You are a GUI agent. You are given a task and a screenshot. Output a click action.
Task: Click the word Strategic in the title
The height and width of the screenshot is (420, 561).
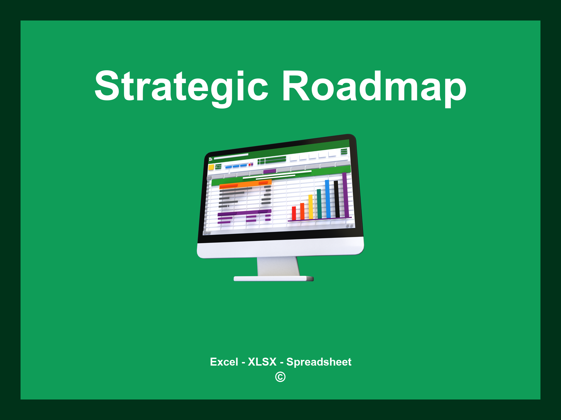(181, 86)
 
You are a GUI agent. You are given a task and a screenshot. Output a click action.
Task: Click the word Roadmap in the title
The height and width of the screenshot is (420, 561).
(374, 86)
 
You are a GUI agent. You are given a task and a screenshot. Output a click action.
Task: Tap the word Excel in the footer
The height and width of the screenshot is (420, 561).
(224, 362)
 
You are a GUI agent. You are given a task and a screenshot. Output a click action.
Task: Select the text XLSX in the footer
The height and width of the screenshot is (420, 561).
(262, 362)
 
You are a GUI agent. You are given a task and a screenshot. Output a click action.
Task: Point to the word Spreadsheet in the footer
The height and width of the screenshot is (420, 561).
(319, 362)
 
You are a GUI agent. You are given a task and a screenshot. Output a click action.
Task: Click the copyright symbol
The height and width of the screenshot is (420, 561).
(280, 377)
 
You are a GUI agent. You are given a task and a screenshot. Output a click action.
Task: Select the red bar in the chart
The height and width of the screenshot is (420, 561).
(294, 213)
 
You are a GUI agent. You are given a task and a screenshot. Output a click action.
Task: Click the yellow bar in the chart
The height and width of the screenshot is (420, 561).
(311, 207)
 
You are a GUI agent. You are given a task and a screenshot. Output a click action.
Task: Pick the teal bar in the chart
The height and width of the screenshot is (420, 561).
(319, 204)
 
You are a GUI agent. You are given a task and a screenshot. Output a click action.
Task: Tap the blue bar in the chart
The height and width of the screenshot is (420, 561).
(328, 199)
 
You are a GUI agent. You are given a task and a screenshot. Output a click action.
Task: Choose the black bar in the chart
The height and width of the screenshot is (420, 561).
(336, 199)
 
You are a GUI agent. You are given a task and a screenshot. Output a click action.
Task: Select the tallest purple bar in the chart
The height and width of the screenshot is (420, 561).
(345, 195)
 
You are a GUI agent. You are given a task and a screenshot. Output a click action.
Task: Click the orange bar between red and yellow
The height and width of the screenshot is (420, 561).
(302, 211)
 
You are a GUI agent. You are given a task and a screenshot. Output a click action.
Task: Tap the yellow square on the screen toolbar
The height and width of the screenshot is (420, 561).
(211, 167)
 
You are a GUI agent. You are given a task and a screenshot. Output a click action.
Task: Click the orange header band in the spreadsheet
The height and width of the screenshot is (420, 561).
(245, 184)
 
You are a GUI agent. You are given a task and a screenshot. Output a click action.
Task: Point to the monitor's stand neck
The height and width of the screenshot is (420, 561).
(278, 266)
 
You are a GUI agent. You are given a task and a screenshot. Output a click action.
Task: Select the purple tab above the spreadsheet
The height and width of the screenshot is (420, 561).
(270, 171)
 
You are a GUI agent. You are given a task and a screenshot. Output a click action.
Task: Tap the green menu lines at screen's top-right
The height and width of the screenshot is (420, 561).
(344, 151)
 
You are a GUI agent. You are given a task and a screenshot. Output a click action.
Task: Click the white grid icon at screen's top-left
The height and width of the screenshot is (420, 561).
(211, 159)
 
